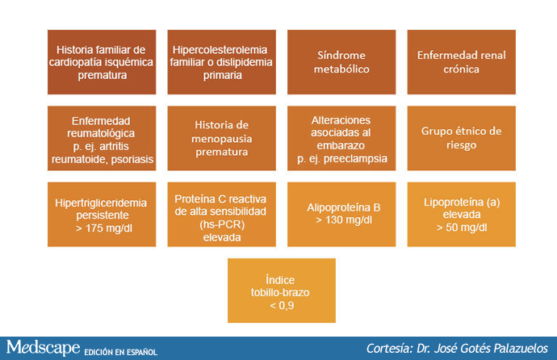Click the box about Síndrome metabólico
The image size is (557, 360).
coord(341,62)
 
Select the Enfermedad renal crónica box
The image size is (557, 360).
coord(462,62)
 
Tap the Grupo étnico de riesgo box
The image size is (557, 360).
coord(462,138)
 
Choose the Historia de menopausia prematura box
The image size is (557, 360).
coord(222,138)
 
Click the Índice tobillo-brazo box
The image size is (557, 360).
coord(282,291)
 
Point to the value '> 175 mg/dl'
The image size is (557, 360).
coord(103,228)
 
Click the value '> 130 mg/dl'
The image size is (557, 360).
coord(344,220)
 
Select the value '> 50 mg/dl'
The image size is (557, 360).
coord(462,227)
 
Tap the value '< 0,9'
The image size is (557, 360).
coord(282,305)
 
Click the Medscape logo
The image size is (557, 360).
coord(43,347)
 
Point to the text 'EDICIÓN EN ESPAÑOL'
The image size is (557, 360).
coord(121,352)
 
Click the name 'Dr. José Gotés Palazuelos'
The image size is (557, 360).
coord(482,348)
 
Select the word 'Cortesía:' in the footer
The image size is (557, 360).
coord(389,348)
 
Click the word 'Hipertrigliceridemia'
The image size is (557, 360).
coord(101,203)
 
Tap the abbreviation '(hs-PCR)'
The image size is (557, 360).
coord(222,224)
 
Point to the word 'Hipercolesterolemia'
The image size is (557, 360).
coord(220,50)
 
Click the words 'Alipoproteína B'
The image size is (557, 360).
coord(344,207)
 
